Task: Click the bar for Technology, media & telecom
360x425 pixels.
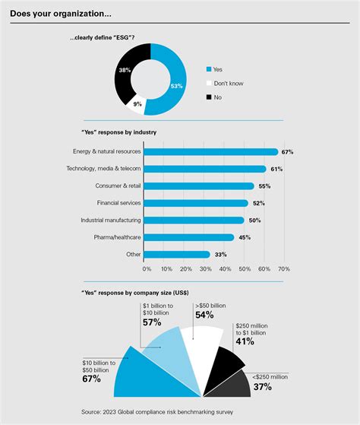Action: point(204,168)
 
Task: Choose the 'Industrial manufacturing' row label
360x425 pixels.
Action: point(111,220)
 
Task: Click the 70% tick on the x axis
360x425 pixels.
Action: point(284,268)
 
